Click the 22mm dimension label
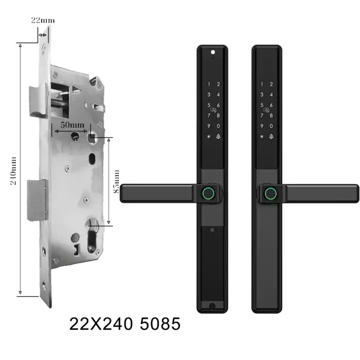43,21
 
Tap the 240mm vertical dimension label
13,171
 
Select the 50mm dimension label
73,125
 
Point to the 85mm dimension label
116,182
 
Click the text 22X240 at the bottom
101,323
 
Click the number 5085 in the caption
160,323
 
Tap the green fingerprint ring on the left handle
208,193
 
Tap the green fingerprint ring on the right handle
271,193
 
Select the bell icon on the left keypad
218,136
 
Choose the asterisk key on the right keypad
262,136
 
